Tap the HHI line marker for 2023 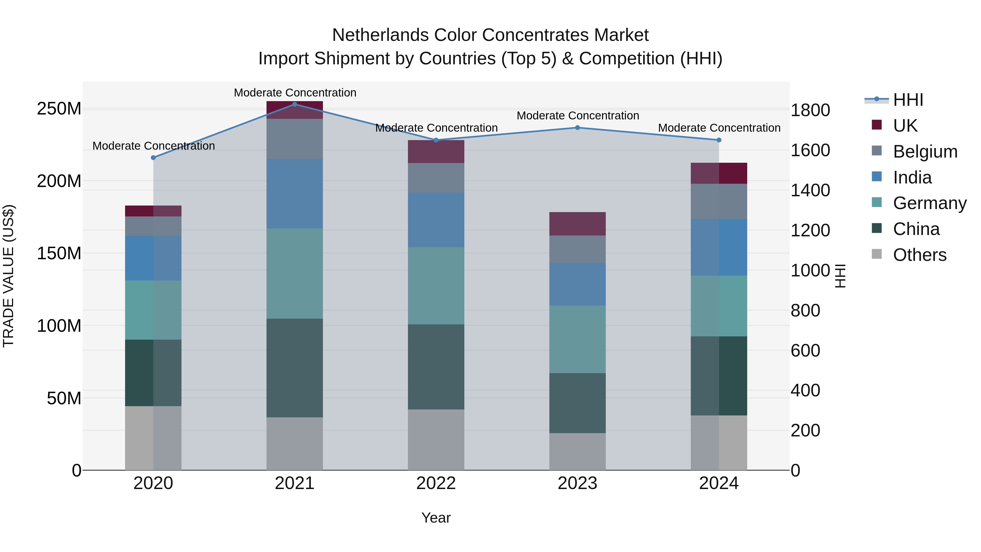click(x=577, y=128)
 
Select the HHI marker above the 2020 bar click(x=153, y=157)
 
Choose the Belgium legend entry click(x=925, y=151)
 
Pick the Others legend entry click(x=919, y=255)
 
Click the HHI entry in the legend click(x=908, y=100)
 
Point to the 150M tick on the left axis click(x=59, y=253)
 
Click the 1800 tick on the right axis click(x=810, y=110)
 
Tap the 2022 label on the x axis click(x=436, y=483)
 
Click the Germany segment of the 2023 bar click(x=577, y=339)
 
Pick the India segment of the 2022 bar click(x=436, y=220)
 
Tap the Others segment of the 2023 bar click(x=577, y=451)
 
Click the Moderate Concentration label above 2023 click(x=577, y=115)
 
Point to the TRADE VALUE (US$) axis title click(x=8, y=276)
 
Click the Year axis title click(x=436, y=518)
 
